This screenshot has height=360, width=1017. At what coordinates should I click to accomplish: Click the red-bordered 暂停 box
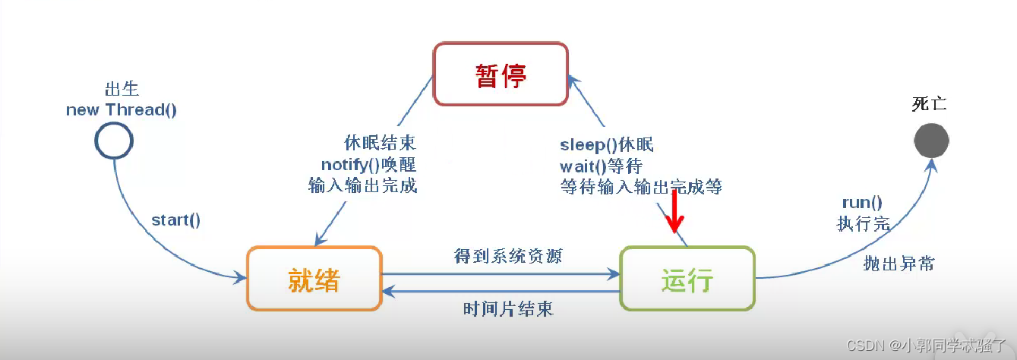(x=501, y=74)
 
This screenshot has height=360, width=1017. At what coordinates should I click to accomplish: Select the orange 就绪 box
(x=314, y=278)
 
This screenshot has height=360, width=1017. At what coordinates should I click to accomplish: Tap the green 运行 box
(x=687, y=278)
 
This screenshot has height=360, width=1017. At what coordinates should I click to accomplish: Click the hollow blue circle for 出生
(x=115, y=140)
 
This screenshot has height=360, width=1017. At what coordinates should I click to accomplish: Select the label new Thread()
(x=122, y=110)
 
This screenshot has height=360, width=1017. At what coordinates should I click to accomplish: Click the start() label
(x=176, y=220)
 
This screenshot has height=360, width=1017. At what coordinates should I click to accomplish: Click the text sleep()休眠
(x=607, y=145)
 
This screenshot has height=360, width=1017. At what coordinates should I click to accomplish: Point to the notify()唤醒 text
(x=368, y=164)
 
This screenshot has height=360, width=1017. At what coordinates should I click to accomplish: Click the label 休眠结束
(x=380, y=144)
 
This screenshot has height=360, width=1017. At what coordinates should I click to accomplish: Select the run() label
(x=862, y=203)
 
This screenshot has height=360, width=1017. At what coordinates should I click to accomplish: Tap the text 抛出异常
(x=899, y=264)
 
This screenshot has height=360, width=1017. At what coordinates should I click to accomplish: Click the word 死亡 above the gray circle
(x=929, y=105)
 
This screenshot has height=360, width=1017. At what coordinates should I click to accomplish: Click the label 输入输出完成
(x=363, y=185)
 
